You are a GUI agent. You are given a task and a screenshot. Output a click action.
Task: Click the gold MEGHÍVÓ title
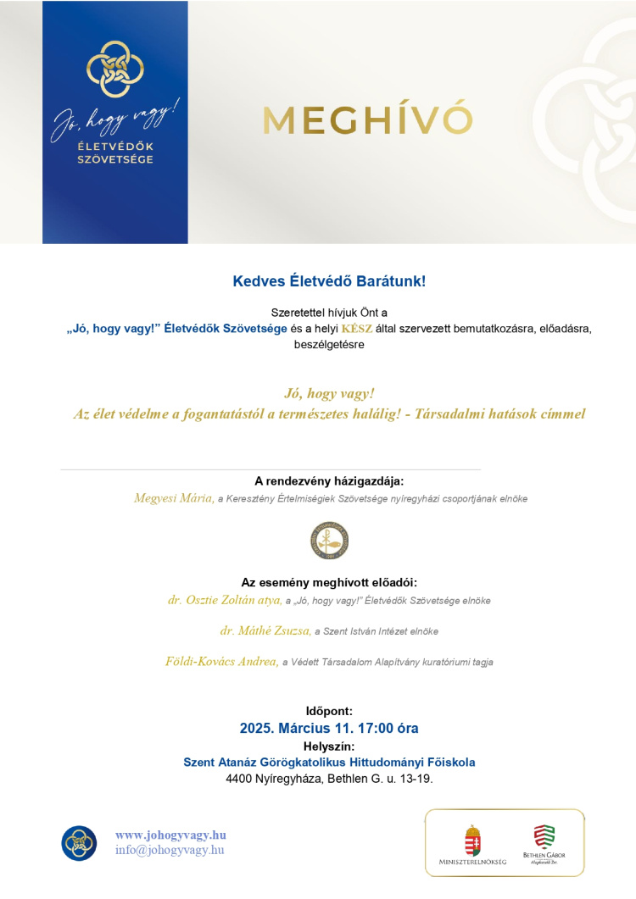(366, 119)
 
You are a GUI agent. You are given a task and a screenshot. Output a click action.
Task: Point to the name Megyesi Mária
(174, 498)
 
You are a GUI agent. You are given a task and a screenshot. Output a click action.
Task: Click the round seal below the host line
(329, 541)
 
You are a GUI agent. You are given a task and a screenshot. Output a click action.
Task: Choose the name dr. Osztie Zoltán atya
(225, 600)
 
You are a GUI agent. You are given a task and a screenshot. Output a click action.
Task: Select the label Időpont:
(329, 711)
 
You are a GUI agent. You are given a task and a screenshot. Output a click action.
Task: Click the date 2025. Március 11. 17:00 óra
(329, 728)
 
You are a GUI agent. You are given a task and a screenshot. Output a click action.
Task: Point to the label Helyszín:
(329, 746)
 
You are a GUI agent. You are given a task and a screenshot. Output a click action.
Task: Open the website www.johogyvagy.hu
(170, 835)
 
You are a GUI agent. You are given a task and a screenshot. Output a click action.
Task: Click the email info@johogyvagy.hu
(170, 849)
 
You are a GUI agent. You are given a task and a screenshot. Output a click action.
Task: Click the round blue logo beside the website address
(79, 842)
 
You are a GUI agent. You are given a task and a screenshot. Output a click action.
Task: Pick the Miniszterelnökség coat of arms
(472, 839)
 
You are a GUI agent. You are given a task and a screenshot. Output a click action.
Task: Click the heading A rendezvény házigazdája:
(329, 481)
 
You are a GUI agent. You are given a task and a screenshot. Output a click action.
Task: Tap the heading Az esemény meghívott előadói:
(329, 582)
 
